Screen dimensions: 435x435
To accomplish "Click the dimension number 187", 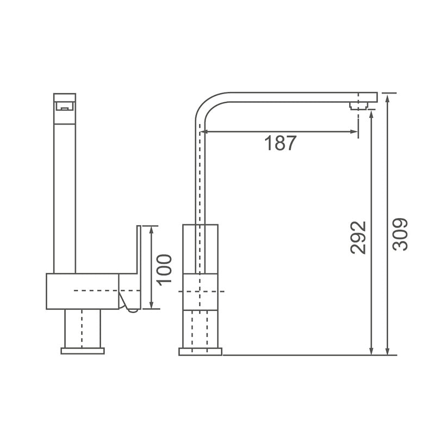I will [281, 143].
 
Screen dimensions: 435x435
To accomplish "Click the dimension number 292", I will [358, 237].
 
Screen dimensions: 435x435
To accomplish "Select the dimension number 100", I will [164, 268].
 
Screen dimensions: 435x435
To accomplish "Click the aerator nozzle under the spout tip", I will [358, 105].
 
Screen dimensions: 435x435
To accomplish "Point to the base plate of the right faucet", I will [200, 352].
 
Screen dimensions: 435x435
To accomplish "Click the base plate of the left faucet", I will [82, 351].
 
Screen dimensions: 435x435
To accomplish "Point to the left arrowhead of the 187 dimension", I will [204, 131].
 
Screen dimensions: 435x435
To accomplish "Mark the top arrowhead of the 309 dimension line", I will [388, 96].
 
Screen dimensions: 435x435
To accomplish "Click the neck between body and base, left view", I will [82, 328].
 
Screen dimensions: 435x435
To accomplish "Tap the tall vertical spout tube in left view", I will [64, 196].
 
